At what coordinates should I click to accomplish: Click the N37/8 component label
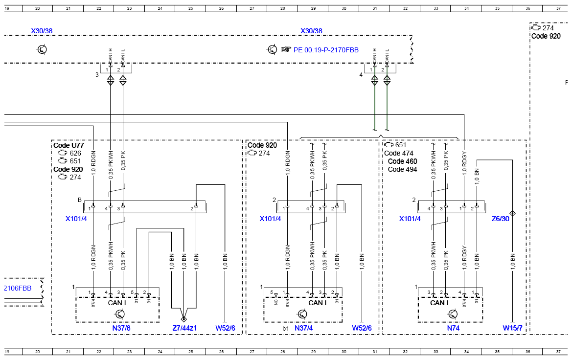coord(121,328)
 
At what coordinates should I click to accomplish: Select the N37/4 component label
coord(303,328)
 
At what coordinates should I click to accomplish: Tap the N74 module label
coord(453,328)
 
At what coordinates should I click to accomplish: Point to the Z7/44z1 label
coord(184,328)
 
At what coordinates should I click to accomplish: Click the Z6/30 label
coord(500,219)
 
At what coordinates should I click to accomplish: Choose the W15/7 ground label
coord(512,328)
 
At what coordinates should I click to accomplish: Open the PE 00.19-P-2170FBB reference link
coord(326,50)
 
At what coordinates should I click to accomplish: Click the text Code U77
coord(69,145)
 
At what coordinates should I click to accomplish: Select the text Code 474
coord(399,153)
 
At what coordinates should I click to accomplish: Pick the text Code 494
coord(402,169)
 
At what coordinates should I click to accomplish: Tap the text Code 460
coord(402,161)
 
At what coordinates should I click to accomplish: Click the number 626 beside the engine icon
coord(75,153)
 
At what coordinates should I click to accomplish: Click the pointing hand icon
coord(286,49)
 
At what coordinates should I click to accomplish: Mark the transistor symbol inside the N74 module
coord(453,314)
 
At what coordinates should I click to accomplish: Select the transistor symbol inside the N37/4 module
coord(302,314)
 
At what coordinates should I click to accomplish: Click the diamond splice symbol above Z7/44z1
coord(183,319)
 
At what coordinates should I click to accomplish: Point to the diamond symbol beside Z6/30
coord(512,213)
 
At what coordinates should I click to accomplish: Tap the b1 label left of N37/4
coord(286,328)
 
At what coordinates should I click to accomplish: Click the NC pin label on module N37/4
coord(276,302)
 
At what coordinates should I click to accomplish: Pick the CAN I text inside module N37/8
coord(117,303)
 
